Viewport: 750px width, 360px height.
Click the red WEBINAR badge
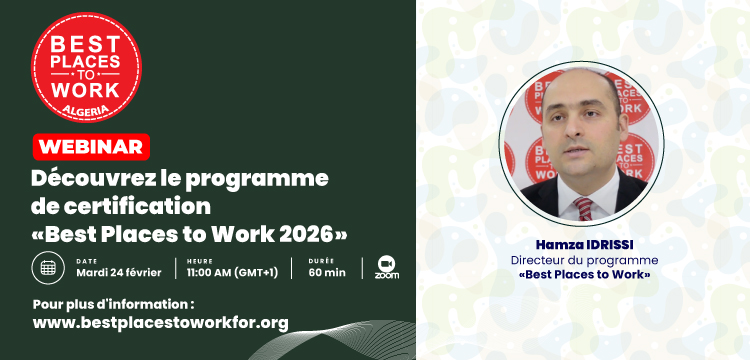(x=90, y=147)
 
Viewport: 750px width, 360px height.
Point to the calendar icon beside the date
(x=47, y=267)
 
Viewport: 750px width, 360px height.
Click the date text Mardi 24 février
(x=120, y=273)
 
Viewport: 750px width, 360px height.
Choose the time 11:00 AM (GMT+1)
(x=232, y=273)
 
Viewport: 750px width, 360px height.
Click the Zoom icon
(x=386, y=267)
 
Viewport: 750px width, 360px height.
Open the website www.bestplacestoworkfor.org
(x=160, y=322)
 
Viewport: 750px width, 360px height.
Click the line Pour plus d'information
(x=114, y=302)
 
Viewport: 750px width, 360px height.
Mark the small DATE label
(x=85, y=260)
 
